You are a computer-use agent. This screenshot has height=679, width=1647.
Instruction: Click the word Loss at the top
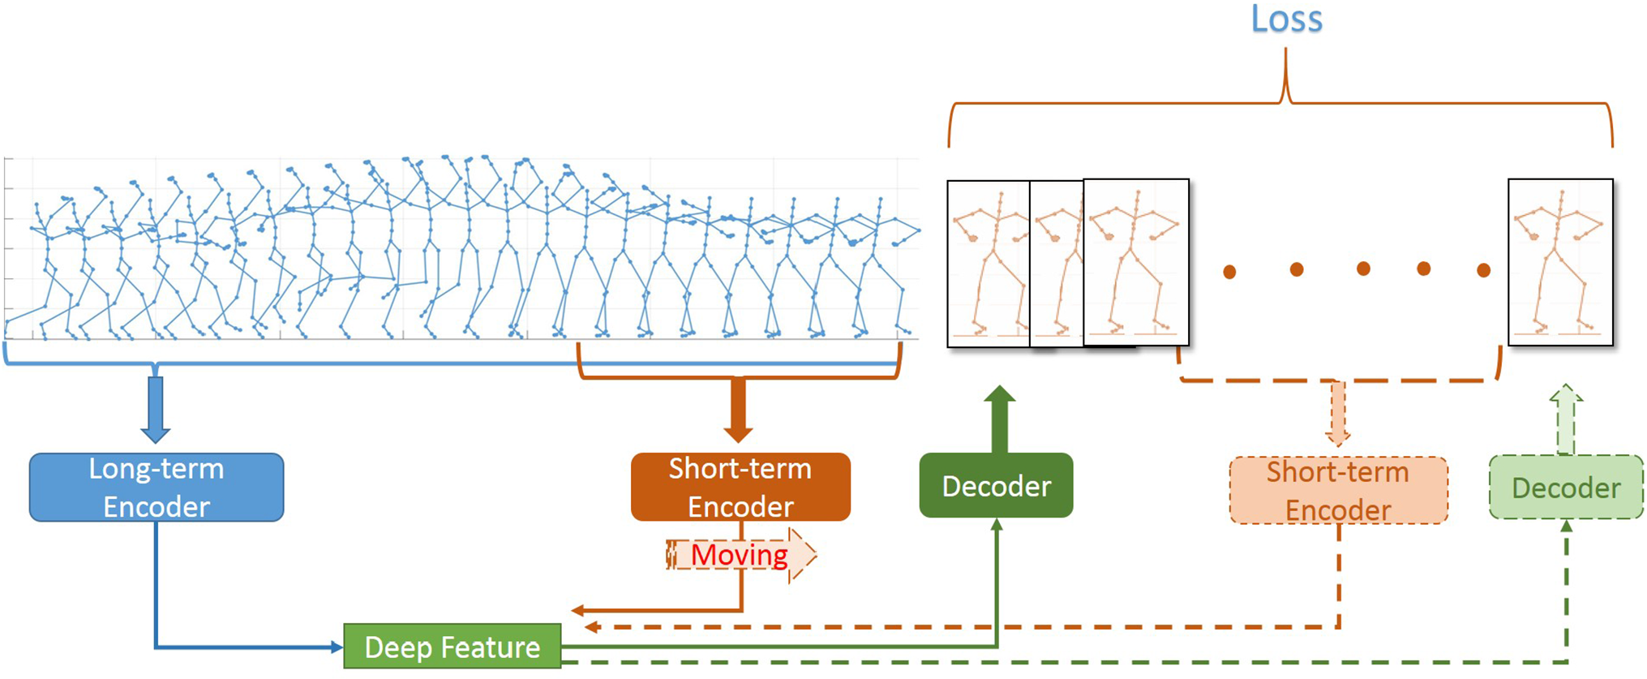1286,19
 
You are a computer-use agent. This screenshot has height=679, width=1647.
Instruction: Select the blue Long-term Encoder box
157,488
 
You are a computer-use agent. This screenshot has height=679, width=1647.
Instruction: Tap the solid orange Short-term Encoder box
740,487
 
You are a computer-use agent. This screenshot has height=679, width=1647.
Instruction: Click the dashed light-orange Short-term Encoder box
1338,491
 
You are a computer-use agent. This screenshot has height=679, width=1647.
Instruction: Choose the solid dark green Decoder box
996,486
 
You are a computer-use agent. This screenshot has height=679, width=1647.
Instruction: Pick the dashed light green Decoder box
1566,488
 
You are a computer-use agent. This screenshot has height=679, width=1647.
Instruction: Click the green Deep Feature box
452,647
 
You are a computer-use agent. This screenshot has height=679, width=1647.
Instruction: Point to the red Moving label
740,556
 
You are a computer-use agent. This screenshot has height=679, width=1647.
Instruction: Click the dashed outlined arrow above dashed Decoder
1566,419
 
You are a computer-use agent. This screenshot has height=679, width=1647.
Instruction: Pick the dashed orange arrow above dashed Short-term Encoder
1338,414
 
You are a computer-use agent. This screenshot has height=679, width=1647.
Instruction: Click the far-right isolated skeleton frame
1560,262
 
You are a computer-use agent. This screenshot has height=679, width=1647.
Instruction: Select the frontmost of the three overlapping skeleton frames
1136,262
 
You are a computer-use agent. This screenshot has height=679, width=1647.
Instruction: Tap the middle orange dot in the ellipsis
1363,269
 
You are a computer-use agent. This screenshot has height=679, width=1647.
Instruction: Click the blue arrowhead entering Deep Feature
337,647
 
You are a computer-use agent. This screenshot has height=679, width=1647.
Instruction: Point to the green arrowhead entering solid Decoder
997,525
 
